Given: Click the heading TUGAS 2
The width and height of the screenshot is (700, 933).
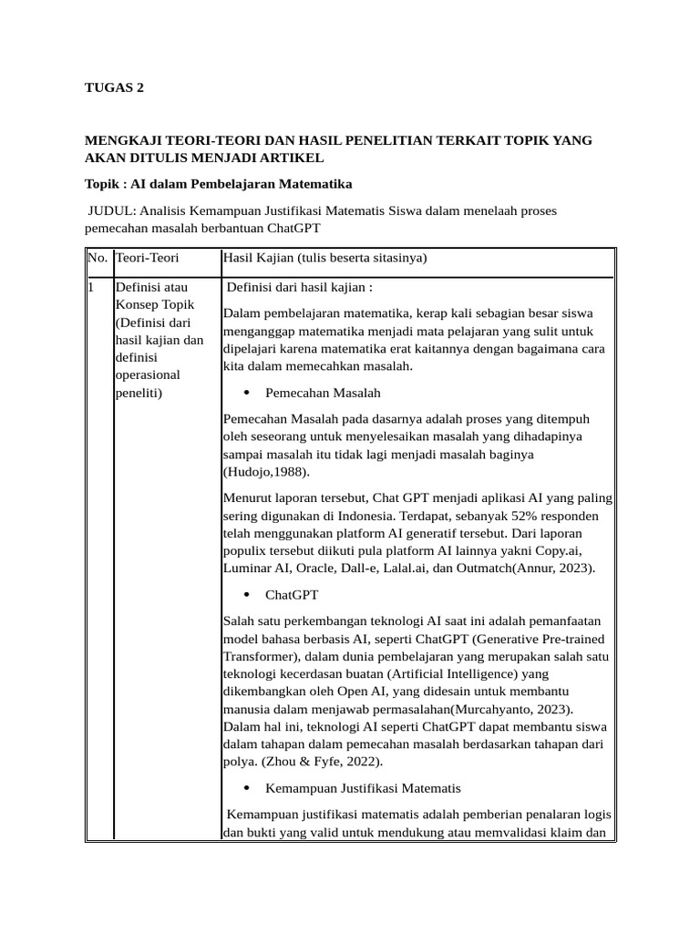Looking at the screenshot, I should click(x=114, y=88).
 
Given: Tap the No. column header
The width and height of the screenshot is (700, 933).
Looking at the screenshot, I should click(x=97, y=259).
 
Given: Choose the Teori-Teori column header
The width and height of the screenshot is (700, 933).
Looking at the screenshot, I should click(x=147, y=259).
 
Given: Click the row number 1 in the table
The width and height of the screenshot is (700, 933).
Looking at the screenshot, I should click(x=91, y=288).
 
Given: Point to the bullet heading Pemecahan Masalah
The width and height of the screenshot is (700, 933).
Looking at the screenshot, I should click(x=323, y=393).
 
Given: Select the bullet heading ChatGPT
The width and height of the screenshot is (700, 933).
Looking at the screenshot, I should click(x=292, y=595).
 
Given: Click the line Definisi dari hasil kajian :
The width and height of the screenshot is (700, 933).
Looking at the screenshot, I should click(x=299, y=288).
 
